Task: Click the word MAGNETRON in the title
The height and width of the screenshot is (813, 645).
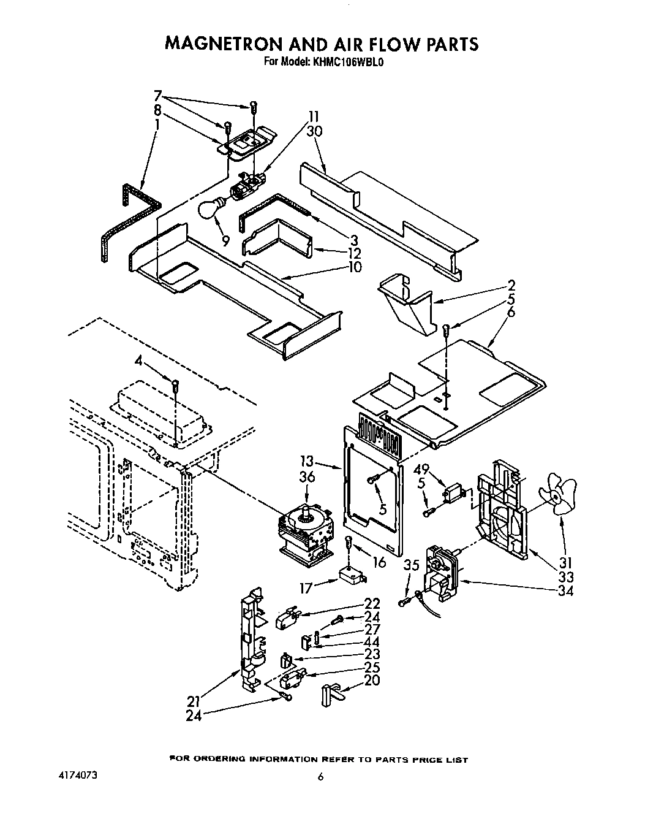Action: pyautogui.click(x=230, y=44)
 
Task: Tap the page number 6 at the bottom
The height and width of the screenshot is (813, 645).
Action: pyautogui.click(x=320, y=777)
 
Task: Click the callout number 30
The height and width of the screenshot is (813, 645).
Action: pyautogui.click(x=315, y=131)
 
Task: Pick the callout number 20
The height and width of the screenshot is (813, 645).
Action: pyautogui.click(x=371, y=681)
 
